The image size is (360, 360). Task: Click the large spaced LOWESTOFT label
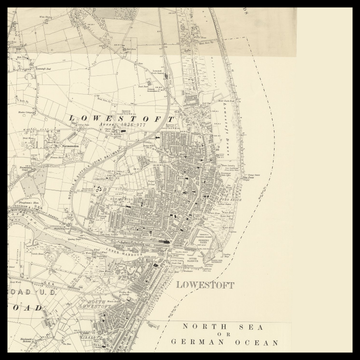click(x=121, y=118)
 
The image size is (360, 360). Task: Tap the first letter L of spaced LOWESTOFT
click(x=71, y=118)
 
